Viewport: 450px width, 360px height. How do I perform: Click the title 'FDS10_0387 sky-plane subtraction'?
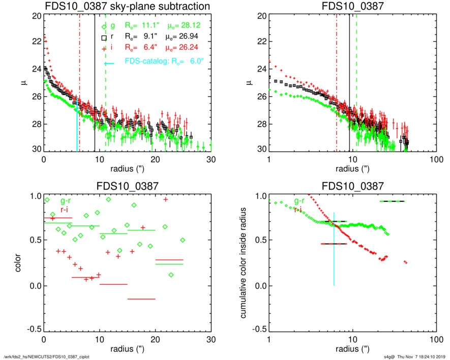pos(127,7)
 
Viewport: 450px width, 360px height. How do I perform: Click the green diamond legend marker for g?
pos(104,26)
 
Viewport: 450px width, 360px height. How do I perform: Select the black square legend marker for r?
pos(104,38)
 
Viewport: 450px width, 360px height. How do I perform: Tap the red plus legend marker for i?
pos(104,48)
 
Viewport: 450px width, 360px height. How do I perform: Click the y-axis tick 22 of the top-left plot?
pos(36,42)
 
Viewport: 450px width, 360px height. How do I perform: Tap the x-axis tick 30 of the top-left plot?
pos(212,159)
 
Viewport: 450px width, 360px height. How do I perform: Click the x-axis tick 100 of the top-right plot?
pos(435,159)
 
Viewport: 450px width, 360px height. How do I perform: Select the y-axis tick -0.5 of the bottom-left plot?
pos(33,329)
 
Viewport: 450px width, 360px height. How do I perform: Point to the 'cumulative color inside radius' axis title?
pos(244,263)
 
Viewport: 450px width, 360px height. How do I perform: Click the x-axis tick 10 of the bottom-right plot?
pos(352,339)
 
